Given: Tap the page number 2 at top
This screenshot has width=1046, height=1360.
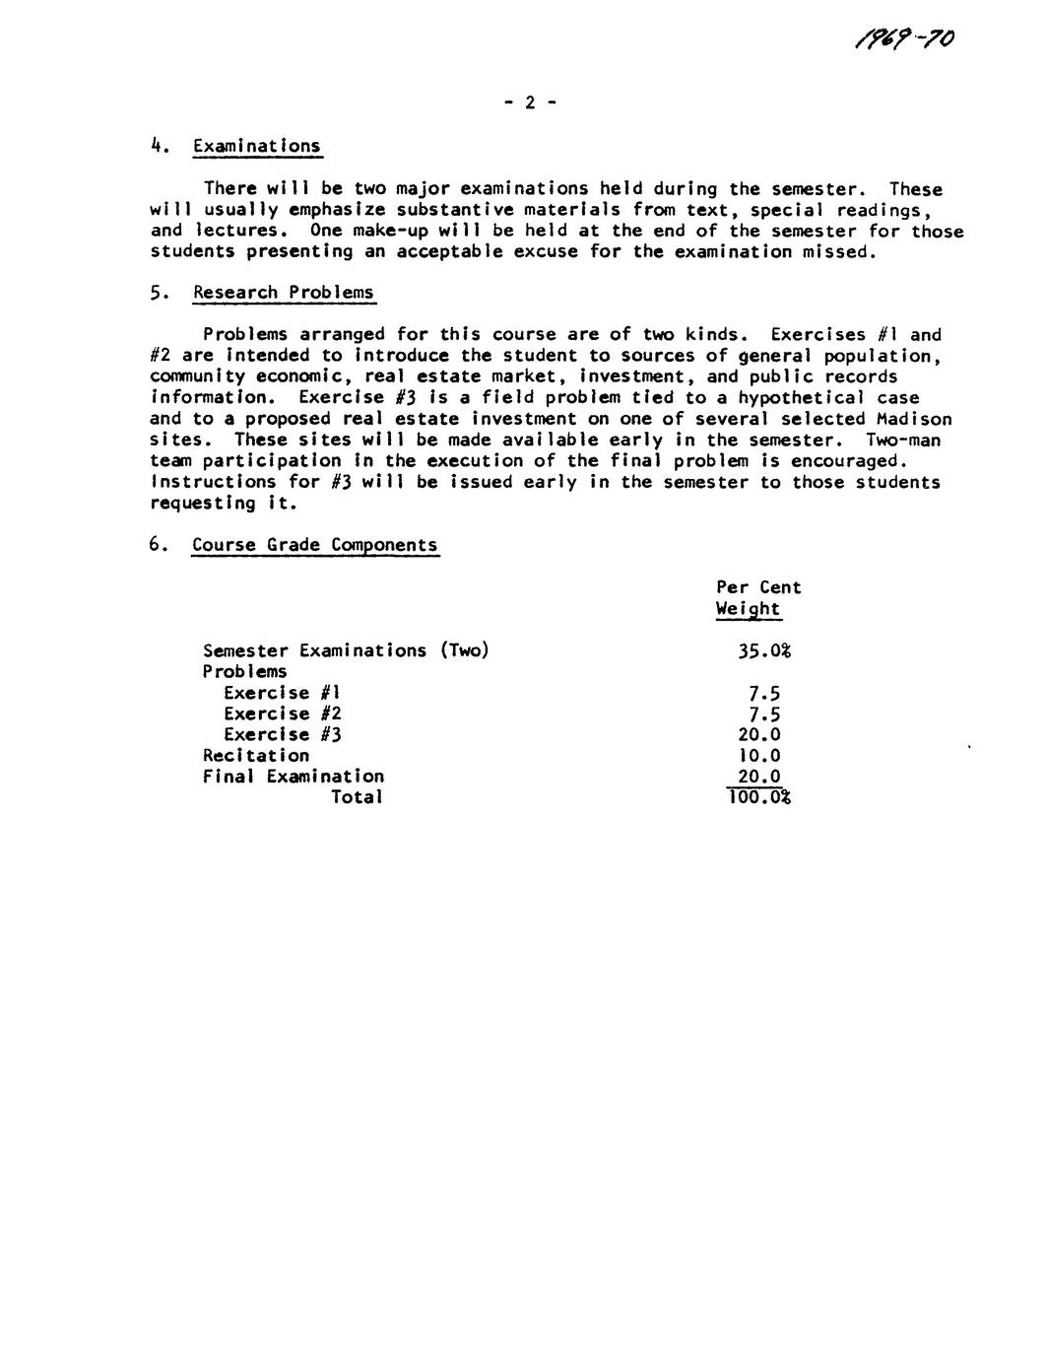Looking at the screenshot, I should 528,102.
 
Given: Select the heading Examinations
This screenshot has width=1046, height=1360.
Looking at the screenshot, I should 257,147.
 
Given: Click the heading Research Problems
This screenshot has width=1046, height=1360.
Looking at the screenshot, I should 284,293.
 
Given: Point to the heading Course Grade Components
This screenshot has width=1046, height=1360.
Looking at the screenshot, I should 315,545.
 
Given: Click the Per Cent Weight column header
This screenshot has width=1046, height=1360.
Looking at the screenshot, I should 757,598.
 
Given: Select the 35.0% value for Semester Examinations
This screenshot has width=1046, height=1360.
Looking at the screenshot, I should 764,650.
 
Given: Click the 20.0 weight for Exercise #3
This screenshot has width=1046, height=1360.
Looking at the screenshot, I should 759,734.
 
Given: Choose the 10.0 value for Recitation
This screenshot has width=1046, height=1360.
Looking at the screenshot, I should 759,755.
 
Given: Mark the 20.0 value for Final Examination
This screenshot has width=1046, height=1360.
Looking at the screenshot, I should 759,777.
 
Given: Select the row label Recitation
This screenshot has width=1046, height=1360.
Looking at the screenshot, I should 256,755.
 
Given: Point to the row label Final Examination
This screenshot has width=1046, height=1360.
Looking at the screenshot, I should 294,777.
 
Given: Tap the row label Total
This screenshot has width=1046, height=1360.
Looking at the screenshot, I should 357,797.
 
